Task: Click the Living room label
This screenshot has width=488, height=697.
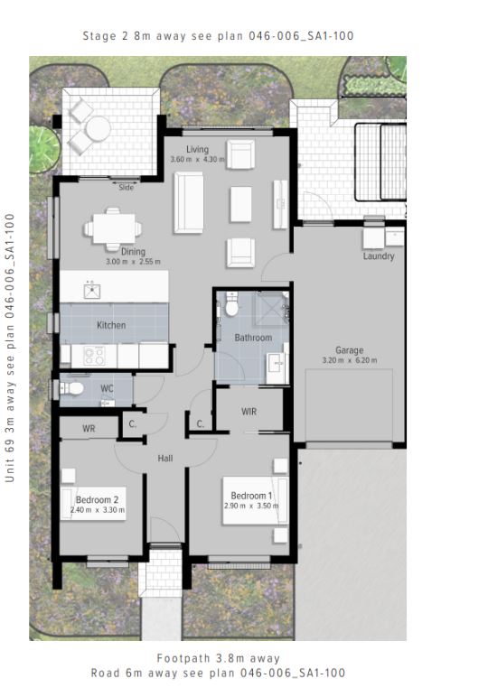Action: [197, 149]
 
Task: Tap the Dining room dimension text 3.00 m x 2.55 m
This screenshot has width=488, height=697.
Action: [134, 262]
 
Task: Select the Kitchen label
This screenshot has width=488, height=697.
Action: [111, 325]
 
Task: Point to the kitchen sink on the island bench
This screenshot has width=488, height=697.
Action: [92, 291]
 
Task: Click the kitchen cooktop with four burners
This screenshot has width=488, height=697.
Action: [94, 356]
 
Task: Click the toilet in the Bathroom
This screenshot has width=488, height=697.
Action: [231, 303]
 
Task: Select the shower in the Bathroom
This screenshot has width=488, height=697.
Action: [270, 309]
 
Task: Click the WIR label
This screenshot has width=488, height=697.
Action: [249, 412]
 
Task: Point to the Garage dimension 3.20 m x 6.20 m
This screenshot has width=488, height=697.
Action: [350, 360]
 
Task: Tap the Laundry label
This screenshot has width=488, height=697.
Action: [379, 256]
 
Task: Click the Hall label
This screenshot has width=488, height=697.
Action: [165, 459]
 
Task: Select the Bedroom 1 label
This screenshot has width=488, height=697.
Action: [251, 496]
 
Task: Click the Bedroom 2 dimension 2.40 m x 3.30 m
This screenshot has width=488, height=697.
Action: [98, 510]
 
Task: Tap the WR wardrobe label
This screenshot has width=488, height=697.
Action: [89, 429]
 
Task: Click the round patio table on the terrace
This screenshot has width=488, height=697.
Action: [99, 129]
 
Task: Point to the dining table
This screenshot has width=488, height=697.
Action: [114, 229]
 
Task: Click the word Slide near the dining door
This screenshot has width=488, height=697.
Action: [127, 188]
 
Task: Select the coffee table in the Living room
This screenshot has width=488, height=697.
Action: [240, 204]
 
